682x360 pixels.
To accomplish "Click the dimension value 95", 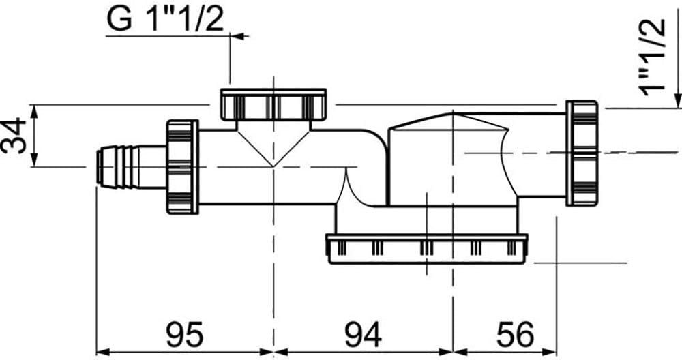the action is [x=184, y=335].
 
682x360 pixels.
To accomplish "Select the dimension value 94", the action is [x=364, y=335].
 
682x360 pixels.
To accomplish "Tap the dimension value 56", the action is [x=515, y=335].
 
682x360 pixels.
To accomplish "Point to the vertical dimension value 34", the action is [x=14, y=135].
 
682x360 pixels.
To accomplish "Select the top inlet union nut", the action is [x=273, y=104].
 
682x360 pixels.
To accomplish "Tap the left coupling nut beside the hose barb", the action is [x=182, y=167].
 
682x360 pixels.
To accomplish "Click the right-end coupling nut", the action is [x=582, y=153].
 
